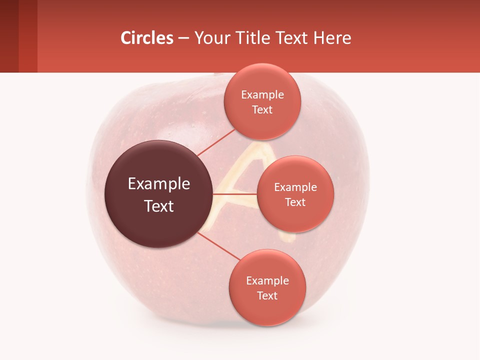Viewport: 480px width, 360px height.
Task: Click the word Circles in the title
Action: pos(146,38)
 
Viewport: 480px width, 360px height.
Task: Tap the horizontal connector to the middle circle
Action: pos(235,194)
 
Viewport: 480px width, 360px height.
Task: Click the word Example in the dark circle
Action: pos(159,184)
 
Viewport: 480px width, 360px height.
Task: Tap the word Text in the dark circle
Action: pos(159,206)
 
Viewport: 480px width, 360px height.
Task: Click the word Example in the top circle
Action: pos(262,95)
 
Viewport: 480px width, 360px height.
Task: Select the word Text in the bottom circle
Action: pos(267,295)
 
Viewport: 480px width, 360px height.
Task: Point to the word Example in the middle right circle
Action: pos(295,187)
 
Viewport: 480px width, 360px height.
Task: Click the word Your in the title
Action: pos(210,38)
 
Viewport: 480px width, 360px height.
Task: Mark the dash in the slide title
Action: pos(183,38)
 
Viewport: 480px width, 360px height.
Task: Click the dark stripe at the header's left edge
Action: pos(9,36)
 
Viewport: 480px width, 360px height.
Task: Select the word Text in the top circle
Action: pos(262,110)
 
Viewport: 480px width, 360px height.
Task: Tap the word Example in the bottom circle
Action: pos(267,280)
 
